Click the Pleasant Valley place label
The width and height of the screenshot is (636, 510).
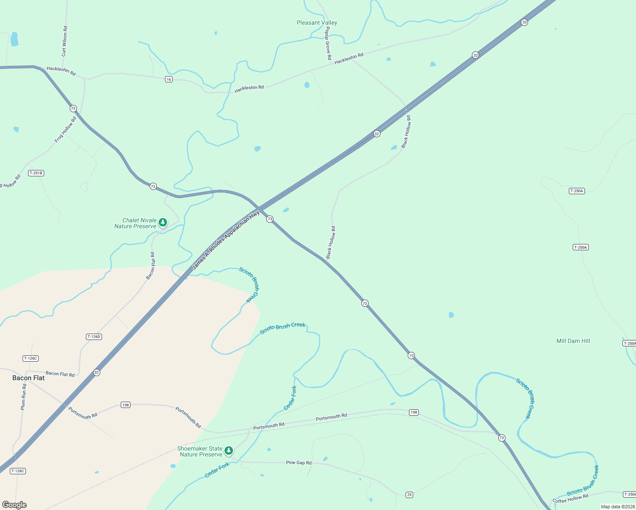pos(317,23)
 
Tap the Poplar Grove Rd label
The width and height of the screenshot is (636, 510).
pos(328,43)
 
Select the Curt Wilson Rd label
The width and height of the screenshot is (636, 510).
pos(64,41)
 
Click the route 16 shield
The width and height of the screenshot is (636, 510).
pos(169,79)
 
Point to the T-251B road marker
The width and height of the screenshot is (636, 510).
pos(36,173)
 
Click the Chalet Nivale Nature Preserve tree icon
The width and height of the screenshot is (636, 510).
pos(162,222)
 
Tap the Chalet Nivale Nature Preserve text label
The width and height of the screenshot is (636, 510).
pos(136,223)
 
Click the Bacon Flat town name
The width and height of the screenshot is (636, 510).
pos(28,378)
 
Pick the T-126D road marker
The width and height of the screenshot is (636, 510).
pos(94,337)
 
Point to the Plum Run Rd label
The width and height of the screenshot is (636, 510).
pos(24,397)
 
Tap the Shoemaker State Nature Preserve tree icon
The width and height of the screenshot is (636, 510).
pos(229,450)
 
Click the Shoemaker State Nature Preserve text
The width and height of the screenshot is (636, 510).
pos(200,451)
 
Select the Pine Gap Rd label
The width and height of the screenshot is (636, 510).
pos(298,462)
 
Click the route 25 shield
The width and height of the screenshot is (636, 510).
pos(409,495)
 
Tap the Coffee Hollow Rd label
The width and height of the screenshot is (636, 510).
pos(570,498)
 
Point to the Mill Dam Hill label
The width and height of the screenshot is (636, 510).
pos(573,341)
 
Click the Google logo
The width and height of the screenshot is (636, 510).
pos(14,505)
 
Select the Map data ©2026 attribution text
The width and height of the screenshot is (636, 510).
pos(617,507)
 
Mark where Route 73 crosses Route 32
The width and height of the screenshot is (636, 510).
pos(258,208)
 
